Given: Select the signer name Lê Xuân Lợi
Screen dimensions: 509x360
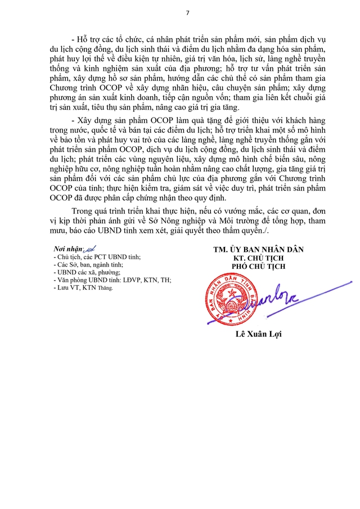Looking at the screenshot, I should (259, 335).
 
